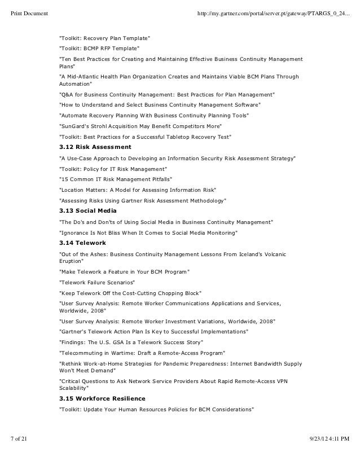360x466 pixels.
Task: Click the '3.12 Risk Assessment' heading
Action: [x=95, y=147]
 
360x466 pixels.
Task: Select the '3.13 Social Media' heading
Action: [x=88, y=210]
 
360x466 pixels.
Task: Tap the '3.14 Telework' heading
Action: [x=82, y=243]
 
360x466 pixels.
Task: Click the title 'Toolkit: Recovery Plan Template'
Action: [x=105, y=38]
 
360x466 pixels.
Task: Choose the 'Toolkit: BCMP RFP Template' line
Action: [x=99, y=49]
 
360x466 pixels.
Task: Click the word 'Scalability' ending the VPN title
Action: [x=74, y=388]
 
